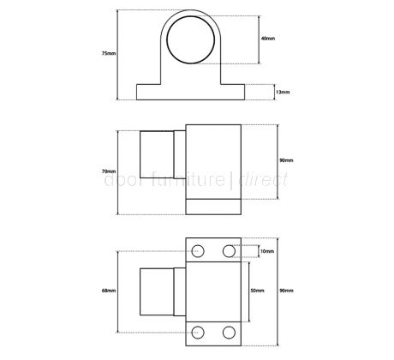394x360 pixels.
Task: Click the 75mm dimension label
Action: coord(107,53)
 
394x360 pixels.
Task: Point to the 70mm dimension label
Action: coord(107,171)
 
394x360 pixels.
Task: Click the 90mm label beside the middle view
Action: coord(285,160)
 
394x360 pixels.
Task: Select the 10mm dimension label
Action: coord(268,251)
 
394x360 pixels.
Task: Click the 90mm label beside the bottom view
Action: coord(285,291)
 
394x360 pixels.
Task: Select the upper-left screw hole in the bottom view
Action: coord(200,251)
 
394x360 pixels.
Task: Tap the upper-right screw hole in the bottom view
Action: coord(229,251)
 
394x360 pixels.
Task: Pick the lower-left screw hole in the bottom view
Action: coord(200,332)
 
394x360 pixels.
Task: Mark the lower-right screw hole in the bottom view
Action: coord(229,332)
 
